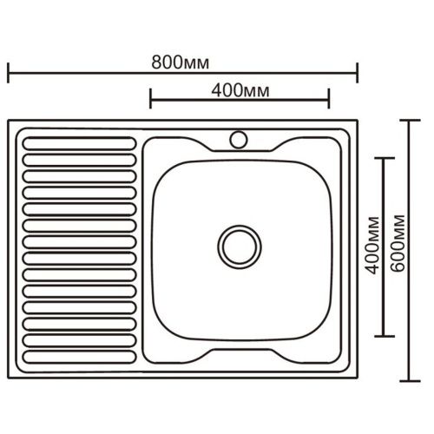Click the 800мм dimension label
point(181,62)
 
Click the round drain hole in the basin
point(237,245)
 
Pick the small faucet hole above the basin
point(237,137)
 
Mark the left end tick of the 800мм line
point(9,73)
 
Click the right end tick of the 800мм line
point(357,73)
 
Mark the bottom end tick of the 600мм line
point(411,379)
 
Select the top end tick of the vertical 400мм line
point(385,158)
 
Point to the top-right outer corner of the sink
point(355,122)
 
